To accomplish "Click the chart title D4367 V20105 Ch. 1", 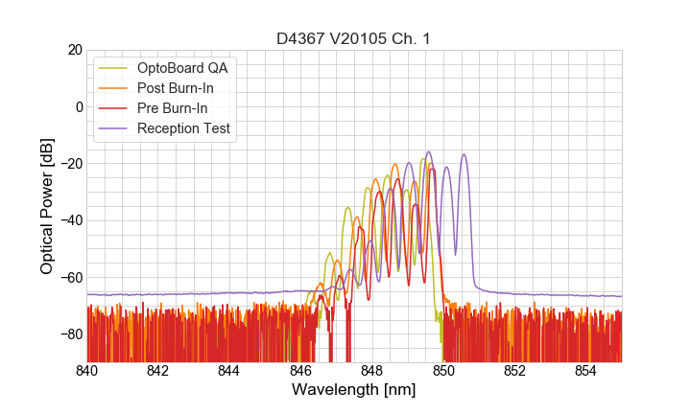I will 353,38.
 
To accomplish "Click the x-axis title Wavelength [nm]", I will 353,390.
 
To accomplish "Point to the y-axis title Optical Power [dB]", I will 47,206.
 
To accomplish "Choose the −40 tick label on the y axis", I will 70,220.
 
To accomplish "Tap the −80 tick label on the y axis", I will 70,334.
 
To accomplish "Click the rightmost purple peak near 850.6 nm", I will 465,155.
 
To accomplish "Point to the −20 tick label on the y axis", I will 70,164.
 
